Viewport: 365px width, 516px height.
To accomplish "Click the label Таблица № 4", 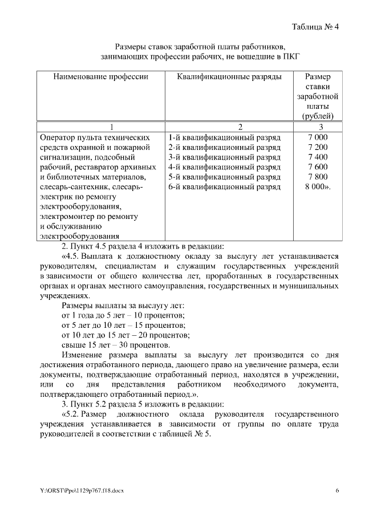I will [x=315, y=27].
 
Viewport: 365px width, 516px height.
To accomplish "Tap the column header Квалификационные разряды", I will [x=229, y=76].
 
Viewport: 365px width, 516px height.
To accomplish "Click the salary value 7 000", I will [x=318, y=137].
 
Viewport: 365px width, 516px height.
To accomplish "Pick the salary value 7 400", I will [x=318, y=157].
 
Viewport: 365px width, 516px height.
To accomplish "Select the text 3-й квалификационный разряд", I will [x=225, y=157].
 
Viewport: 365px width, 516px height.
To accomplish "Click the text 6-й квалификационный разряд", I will [x=225, y=186].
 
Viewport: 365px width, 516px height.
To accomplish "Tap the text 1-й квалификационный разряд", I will [x=225, y=137].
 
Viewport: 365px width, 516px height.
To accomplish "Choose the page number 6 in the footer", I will [x=337, y=490].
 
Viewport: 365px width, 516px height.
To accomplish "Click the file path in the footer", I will [x=86, y=490].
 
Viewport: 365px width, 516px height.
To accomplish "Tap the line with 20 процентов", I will [x=125, y=335].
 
